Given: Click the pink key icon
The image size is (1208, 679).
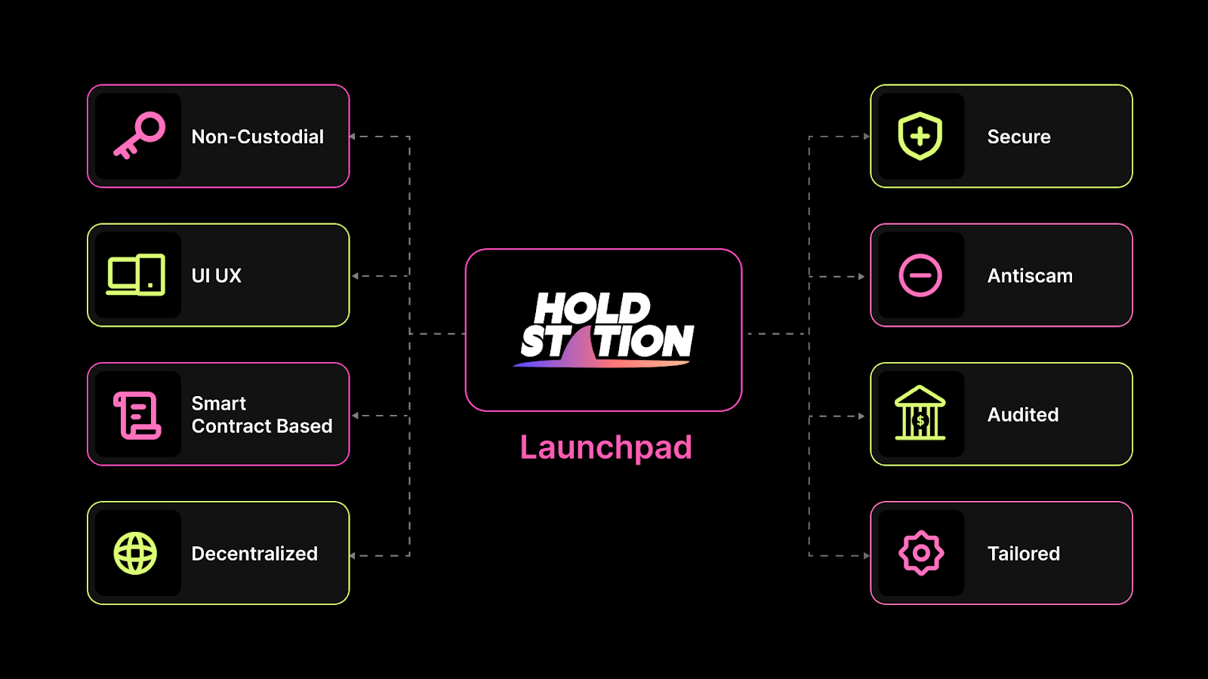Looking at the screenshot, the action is (x=139, y=136).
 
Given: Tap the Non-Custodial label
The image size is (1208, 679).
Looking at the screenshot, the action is (x=257, y=137).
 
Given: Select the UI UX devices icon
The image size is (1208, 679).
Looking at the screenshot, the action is (x=136, y=275).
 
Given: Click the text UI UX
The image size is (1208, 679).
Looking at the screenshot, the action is (x=217, y=275).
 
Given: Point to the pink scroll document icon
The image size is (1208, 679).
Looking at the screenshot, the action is (x=137, y=415).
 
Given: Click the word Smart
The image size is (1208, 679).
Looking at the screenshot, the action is (x=219, y=404).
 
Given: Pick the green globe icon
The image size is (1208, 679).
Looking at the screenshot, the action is (x=135, y=553).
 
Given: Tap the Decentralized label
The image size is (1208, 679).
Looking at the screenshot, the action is (x=254, y=554).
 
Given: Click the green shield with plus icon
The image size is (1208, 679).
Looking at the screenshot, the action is (x=920, y=136).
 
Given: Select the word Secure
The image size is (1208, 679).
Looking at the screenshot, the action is (x=1018, y=137).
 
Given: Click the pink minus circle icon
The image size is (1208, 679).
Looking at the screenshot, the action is (x=920, y=275).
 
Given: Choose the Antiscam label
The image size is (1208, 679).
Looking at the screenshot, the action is (x=1030, y=275).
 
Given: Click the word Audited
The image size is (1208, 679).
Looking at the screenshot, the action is (x=1023, y=414).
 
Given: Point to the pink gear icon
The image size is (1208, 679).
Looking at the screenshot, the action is (x=920, y=553).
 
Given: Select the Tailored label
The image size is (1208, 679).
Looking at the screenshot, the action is (x=1023, y=554).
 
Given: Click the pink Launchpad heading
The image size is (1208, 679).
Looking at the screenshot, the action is (x=606, y=447).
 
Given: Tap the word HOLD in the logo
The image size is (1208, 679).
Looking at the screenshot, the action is (x=592, y=308).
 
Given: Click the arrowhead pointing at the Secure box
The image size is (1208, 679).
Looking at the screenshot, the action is (x=866, y=137).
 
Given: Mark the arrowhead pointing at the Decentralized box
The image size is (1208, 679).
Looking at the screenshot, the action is (x=353, y=556).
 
